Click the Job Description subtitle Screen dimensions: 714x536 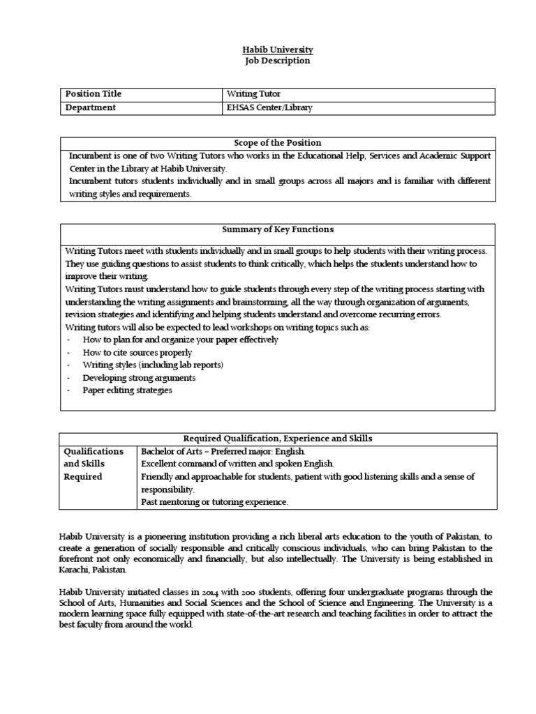[x=277, y=61]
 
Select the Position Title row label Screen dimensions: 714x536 [x=93, y=94]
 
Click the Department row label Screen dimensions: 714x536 [x=90, y=107]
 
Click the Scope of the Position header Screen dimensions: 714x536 [x=277, y=143]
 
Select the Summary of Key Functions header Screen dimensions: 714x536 [x=277, y=229]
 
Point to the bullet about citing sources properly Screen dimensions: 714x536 [x=137, y=353]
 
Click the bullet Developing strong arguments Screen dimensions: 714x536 [x=139, y=378]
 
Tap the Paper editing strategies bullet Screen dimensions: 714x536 [x=127, y=390]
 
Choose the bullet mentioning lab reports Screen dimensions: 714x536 [x=153, y=365]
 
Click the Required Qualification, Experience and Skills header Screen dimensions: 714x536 [x=277, y=439]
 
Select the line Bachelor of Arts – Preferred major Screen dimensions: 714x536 [x=223, y=451]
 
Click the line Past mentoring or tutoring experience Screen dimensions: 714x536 [x=214, y=502]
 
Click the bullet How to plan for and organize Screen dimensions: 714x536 [x=180, y=340]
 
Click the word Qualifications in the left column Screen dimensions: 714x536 [x=94, y=451]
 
